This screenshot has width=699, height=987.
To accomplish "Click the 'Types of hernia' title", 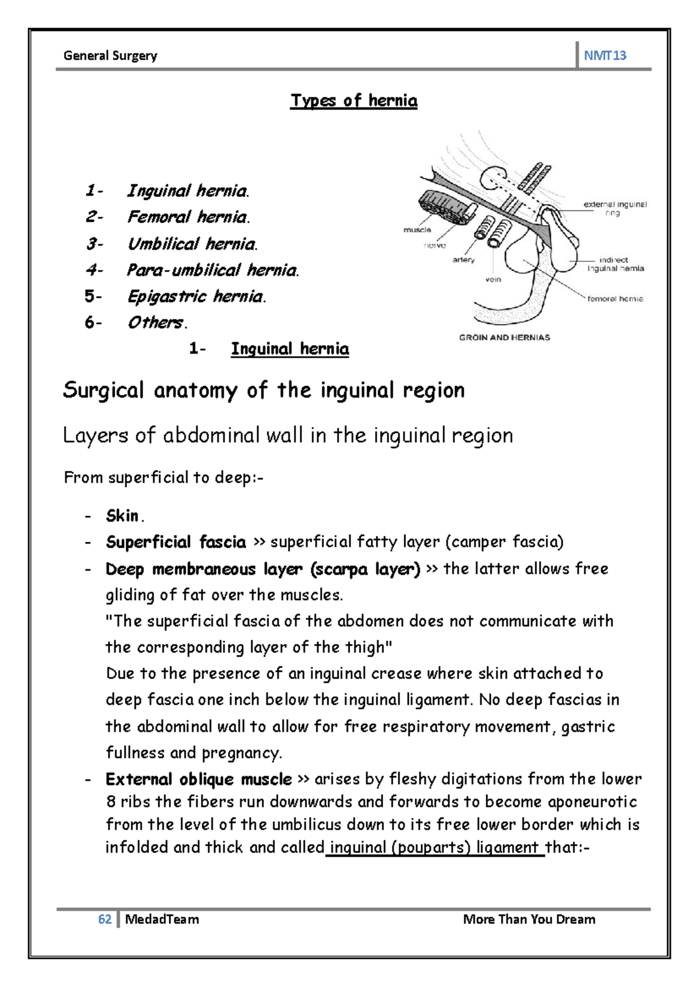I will click(354, 101).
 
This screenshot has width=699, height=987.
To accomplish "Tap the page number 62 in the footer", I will click(105, 919).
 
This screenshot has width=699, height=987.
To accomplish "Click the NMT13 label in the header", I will click(605, 56).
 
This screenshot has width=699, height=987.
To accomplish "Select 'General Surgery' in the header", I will click(110, 56).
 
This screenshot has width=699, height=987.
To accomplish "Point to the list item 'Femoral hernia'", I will click(188, 217).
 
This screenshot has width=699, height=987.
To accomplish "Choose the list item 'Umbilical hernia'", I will click(192, 244).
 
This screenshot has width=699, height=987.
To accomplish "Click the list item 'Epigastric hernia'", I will click(196, 297).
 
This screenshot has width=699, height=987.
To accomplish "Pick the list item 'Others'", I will click(157, 322).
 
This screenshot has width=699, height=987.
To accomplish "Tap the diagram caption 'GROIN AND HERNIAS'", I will click(504, 338).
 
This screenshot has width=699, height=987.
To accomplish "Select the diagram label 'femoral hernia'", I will click(615, 299).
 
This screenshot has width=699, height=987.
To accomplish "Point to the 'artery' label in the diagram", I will click(464, 260).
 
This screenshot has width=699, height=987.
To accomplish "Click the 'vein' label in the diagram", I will click(493, 279).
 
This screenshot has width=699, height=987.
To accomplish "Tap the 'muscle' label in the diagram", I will click(417, 230).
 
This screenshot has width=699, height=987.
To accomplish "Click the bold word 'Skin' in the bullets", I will click(122, 516).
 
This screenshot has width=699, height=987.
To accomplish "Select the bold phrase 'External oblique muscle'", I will click(199, 779).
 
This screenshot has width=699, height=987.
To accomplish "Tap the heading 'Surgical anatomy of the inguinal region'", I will click(263, 390).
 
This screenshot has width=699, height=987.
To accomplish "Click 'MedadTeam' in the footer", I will click(162, 919).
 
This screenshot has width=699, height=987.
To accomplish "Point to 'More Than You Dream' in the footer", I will click(529, 919).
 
